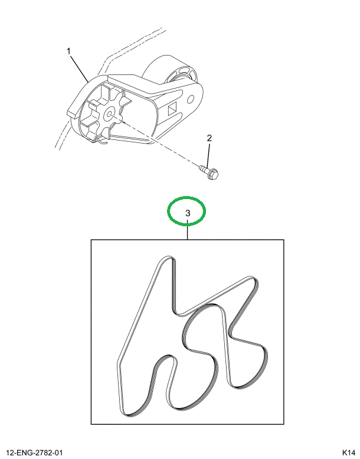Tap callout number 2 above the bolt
point(208,138)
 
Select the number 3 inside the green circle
point(187,213)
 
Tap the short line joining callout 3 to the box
point(187,232)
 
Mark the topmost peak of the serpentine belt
point(167,260)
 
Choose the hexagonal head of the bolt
point(215,173)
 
